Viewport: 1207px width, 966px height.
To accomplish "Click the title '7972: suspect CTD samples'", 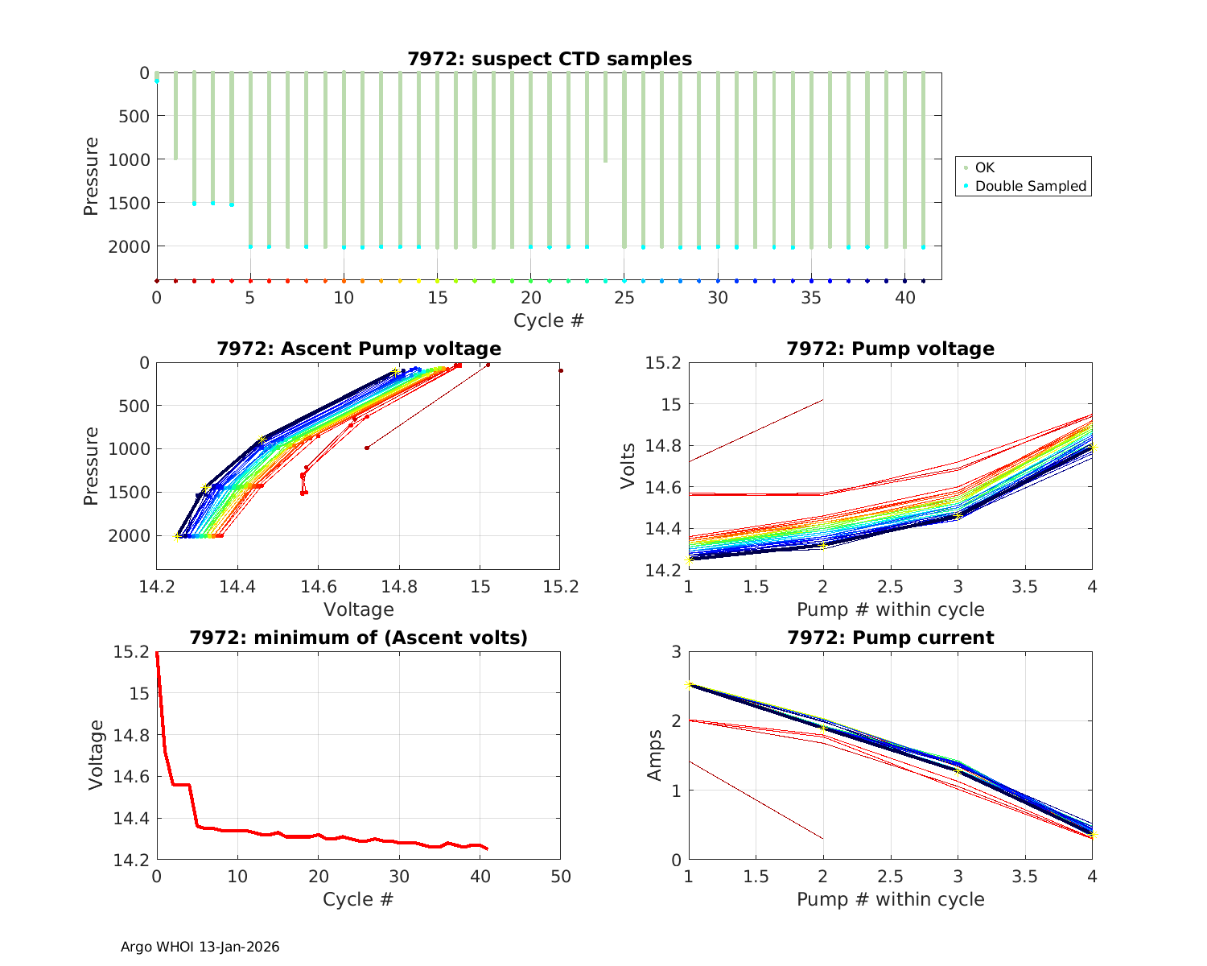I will (x=550, y=59).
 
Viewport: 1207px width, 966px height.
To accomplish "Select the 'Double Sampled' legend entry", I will (x=1030, y=186).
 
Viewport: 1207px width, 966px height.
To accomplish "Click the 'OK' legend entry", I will (x=984, y=167).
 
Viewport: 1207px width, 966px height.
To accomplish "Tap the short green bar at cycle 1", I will (x=175, y=115).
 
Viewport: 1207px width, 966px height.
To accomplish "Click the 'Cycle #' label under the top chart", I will (x=549, y=320).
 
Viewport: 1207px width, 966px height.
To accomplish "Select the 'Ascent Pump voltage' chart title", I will (x=359, y=349).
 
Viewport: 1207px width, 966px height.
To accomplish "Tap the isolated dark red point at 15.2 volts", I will (x=561, y=370).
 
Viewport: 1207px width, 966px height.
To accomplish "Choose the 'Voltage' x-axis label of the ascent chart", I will (x=359, y=609).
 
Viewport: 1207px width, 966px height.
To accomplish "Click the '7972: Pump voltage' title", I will (x=890, y=349).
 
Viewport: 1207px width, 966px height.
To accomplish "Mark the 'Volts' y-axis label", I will (x=628, y=466).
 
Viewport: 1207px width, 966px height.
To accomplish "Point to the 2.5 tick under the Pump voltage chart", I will (x=890, y=588).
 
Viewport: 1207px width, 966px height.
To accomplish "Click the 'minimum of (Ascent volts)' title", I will (x=359, y=638).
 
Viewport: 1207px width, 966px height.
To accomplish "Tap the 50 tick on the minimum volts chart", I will (x=561, y=877).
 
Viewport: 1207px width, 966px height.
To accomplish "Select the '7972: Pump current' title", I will (x=890, y=638).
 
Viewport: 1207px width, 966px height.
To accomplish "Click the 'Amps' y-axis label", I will (x=655, y=755).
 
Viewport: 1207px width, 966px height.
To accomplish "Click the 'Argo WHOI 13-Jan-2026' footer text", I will (x=200, y=947).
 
